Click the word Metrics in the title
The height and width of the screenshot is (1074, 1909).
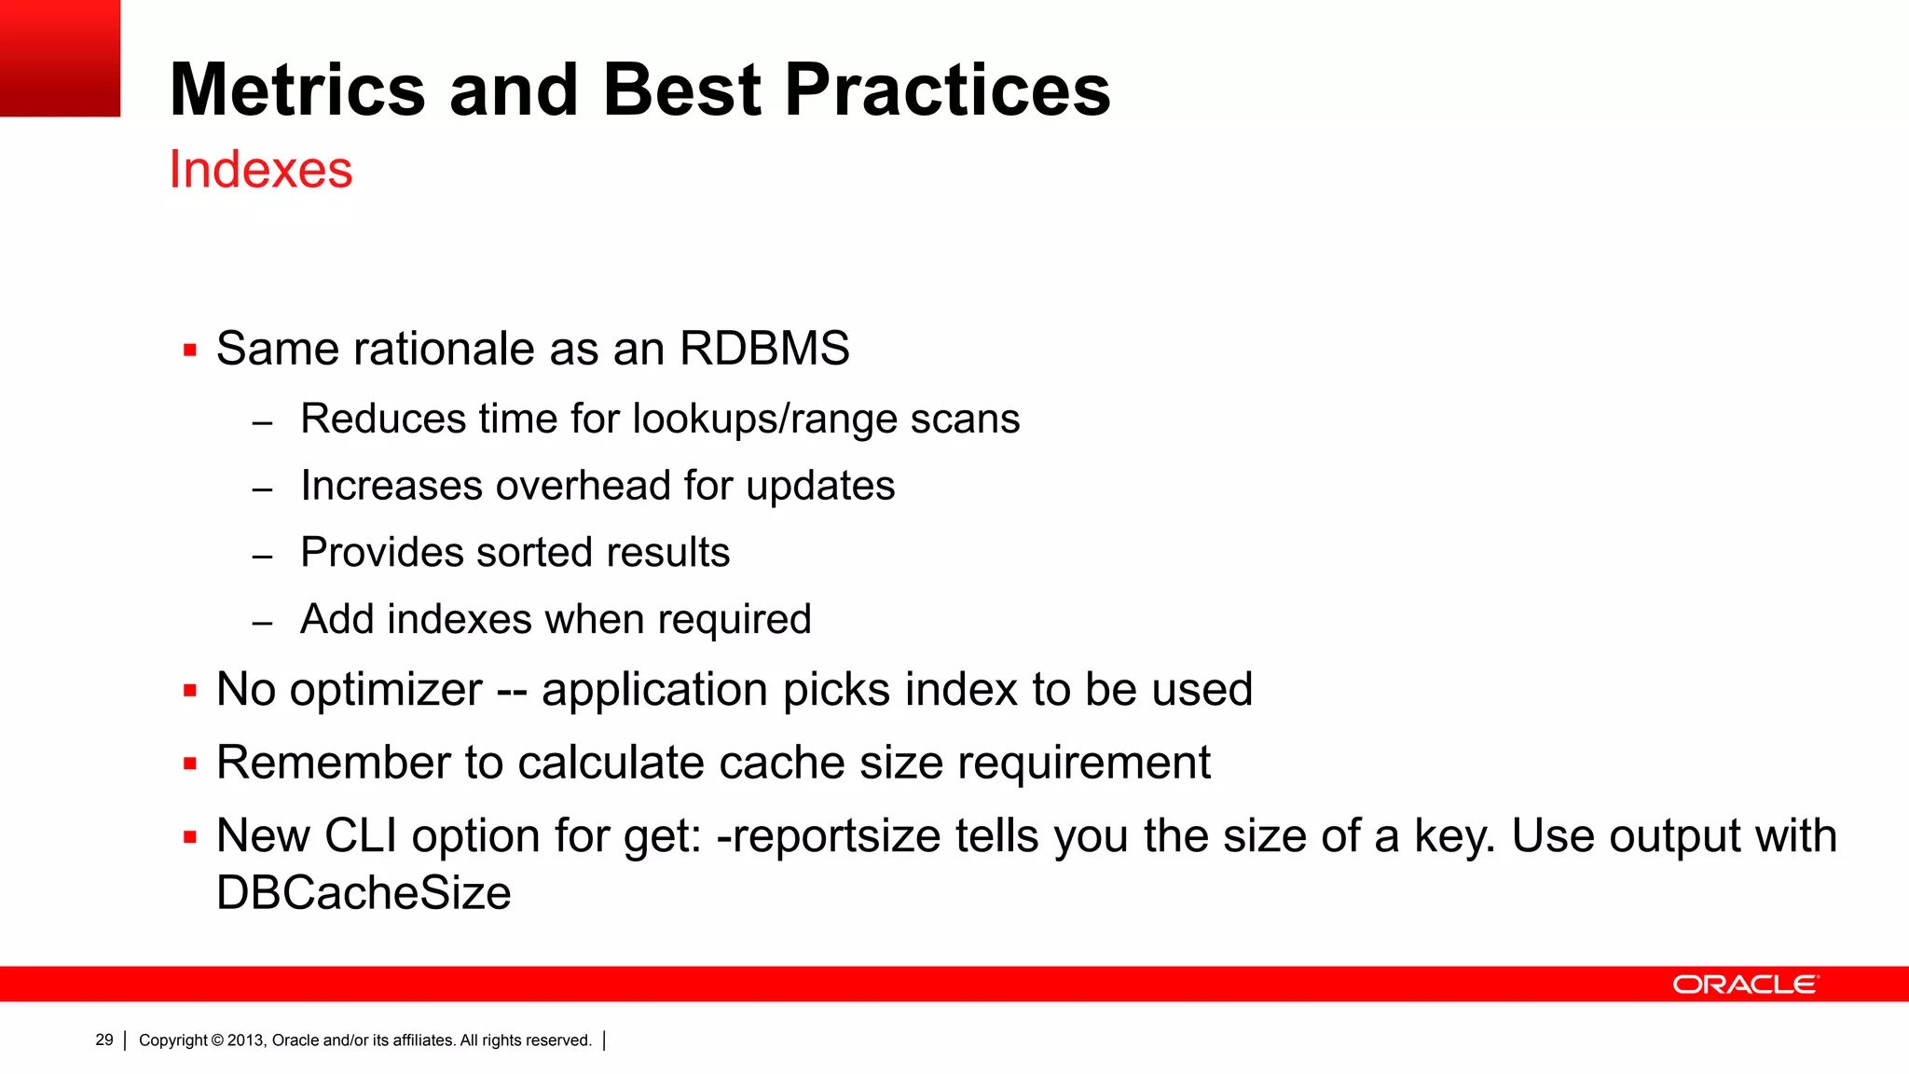tap(297, 89)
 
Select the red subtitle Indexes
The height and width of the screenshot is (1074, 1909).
tap(261, 170)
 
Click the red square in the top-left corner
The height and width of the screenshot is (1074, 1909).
tap(60, 58)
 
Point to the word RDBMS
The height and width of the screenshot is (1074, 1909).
tap(764, 349)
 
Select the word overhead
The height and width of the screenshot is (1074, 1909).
tap(583, 486)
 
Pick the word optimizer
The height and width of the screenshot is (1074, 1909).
tap(385, 690)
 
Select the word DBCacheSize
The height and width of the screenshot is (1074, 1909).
tap(364, 893)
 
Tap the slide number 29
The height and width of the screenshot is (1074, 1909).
tap(104, 1040)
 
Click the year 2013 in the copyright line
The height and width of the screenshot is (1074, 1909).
tap(246, 1040)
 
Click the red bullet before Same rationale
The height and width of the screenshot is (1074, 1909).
tap(190, 351)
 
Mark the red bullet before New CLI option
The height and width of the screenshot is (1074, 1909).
tap(190, 837)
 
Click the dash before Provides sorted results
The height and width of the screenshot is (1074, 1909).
tap(263, 557)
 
